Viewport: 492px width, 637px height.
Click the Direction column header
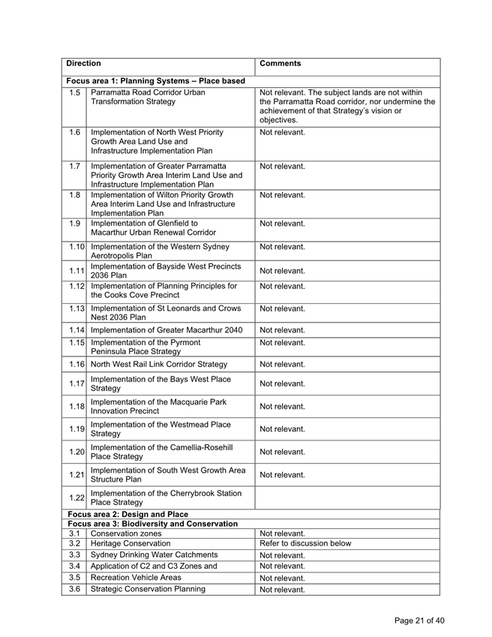pyautogui.click(x=83, y=65)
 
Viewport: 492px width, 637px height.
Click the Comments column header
pyautogui.click(x=280, y=65)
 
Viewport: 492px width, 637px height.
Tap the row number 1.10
pyautogui.click(x=73, y=247)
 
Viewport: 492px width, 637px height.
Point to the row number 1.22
pyautogui.click(x=73, y=497)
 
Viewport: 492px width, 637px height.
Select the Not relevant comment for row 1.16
pyautogui.click(x=282, y=364)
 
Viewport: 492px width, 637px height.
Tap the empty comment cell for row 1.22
pyautogui.click(x=347, y=497)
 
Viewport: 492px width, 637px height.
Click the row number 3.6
pyautogui.click(x=73, y=590)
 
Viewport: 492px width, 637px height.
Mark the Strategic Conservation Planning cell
pyautogui.click(x=148, y=590)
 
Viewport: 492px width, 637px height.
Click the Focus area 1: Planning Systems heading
pyautogui.click(x=155, y=80)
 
